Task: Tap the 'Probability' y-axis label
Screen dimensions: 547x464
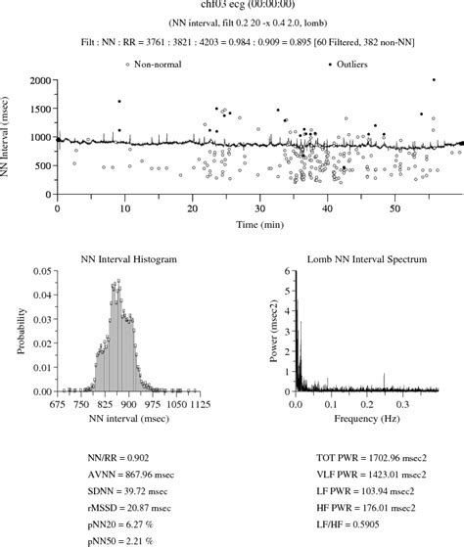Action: coord(21,332)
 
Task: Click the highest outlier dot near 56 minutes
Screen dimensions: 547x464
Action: coord(434,80)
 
